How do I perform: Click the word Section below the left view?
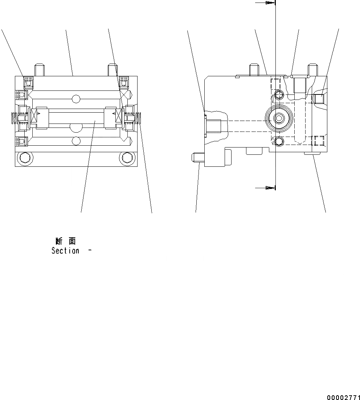pos(65,251)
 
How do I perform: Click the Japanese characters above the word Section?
pos(66,241)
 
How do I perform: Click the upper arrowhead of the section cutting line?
pos(269,3)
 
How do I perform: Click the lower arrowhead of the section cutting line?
pos(269,188)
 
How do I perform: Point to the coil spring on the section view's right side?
pos(139,118)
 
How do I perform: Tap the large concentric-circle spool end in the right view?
pos(279,118)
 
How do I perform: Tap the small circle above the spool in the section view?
pos(75,98)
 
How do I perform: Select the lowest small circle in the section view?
pos(75,141)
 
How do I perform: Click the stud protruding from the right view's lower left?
pos(197,158)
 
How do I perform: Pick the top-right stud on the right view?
pos(313,69)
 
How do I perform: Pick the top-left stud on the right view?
pos(253,69)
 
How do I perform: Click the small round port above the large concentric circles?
pos(279,95)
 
